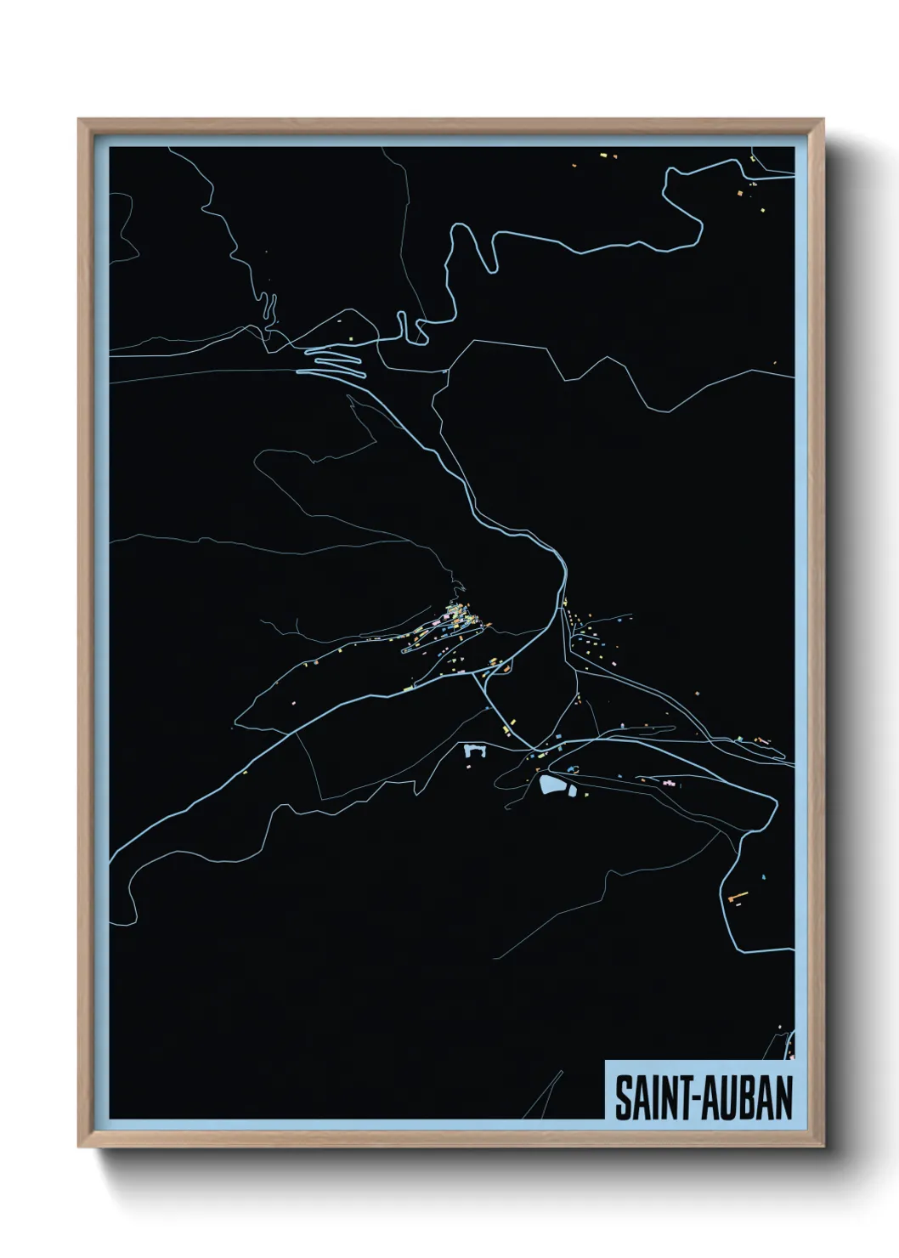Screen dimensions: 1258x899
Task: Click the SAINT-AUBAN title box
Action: tap(699, 1091)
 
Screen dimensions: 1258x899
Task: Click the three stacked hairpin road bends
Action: tap(336, 364)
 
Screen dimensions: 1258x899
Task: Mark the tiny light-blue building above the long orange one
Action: tap(764, 876)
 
